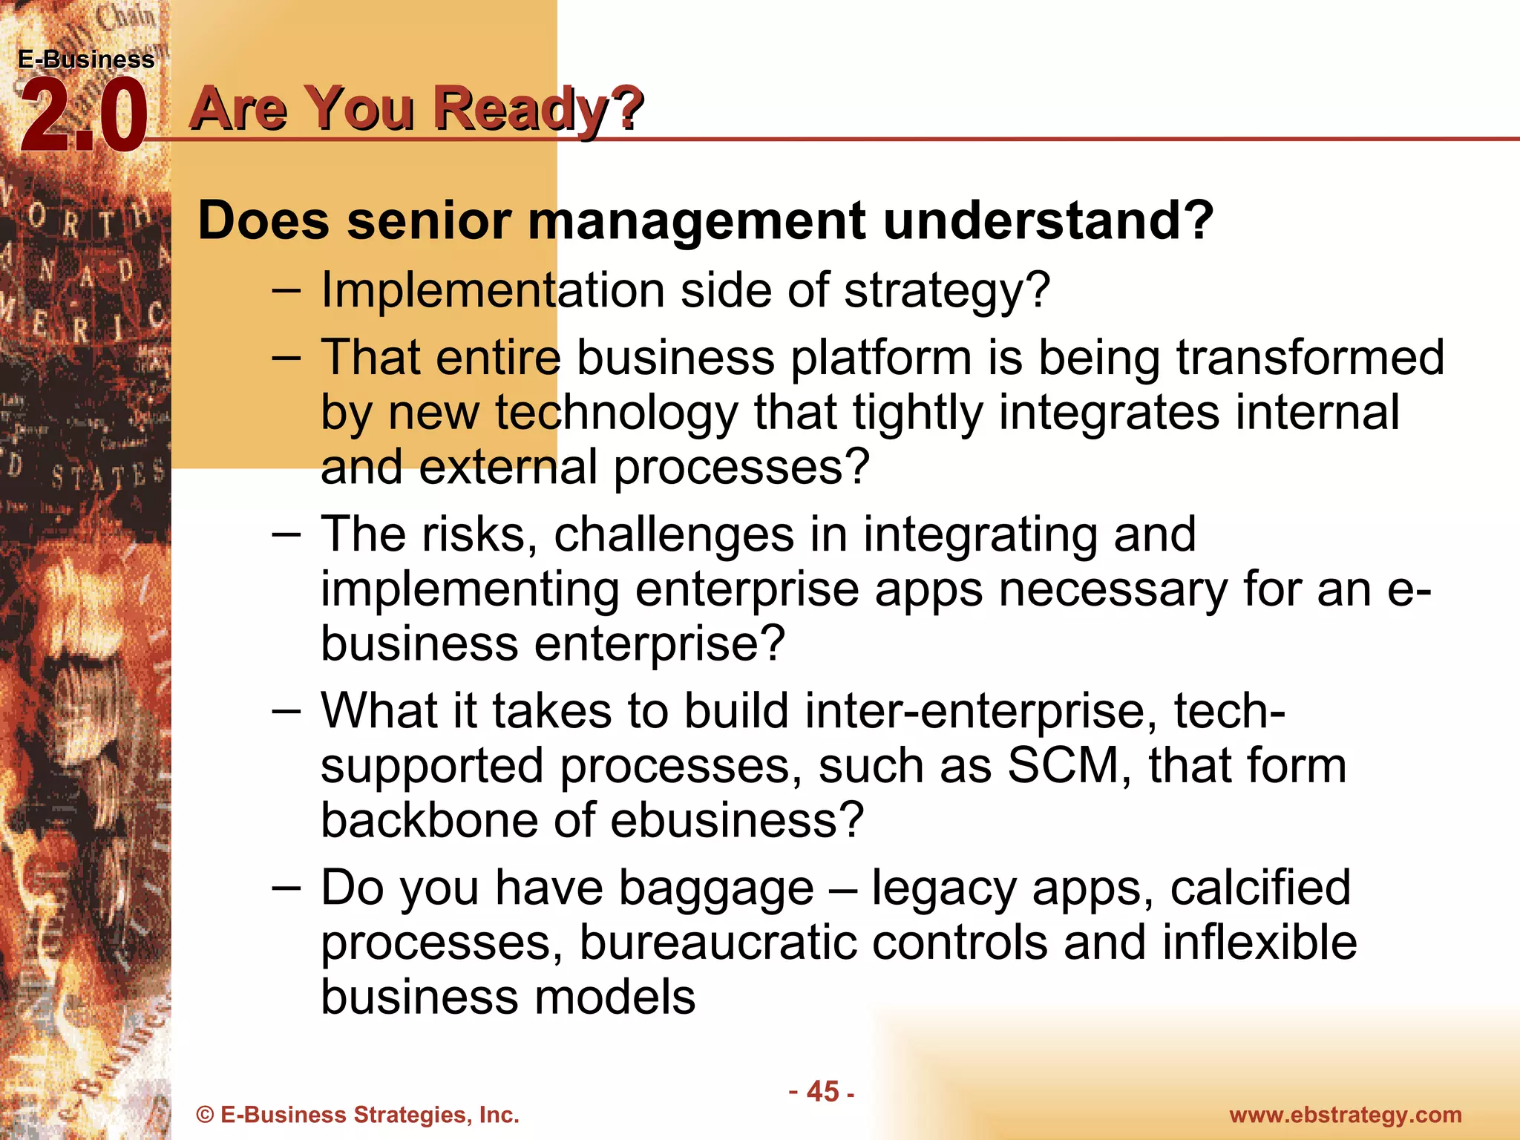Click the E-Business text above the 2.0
(86, 59)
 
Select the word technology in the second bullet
(616, 413)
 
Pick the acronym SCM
(1063, 766)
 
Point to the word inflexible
(1259, 943)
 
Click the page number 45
(822, 1092)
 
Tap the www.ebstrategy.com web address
(1345, 1115)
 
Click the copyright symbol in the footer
(205, 1116)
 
